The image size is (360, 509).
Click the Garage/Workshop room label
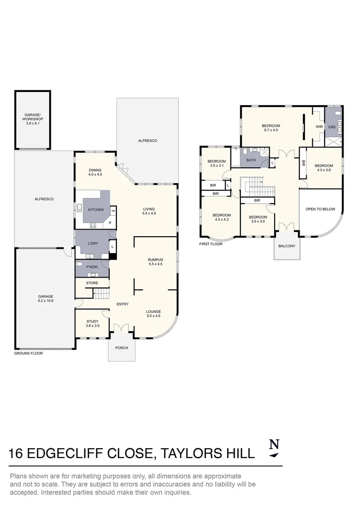[x=33, y=117]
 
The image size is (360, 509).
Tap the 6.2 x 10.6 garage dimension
[x=46, y=301]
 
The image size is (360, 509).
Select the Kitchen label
[x=96, y=210]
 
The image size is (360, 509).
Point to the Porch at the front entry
[x=122, y=348]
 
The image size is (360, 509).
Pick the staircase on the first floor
[x=258, y=188]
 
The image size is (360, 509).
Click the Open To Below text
[x=320, y=209]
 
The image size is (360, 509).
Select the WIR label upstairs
[x=319, y=127]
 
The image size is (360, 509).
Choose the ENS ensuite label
[x=332, y=127]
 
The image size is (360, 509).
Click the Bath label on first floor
[x=251, y=160]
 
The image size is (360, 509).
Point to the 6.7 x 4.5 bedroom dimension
[x=271, y=130]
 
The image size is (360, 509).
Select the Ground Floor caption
[x=28, y=353]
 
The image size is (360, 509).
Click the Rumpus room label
[x=155, y=259]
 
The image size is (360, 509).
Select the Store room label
[x=92, y=283]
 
